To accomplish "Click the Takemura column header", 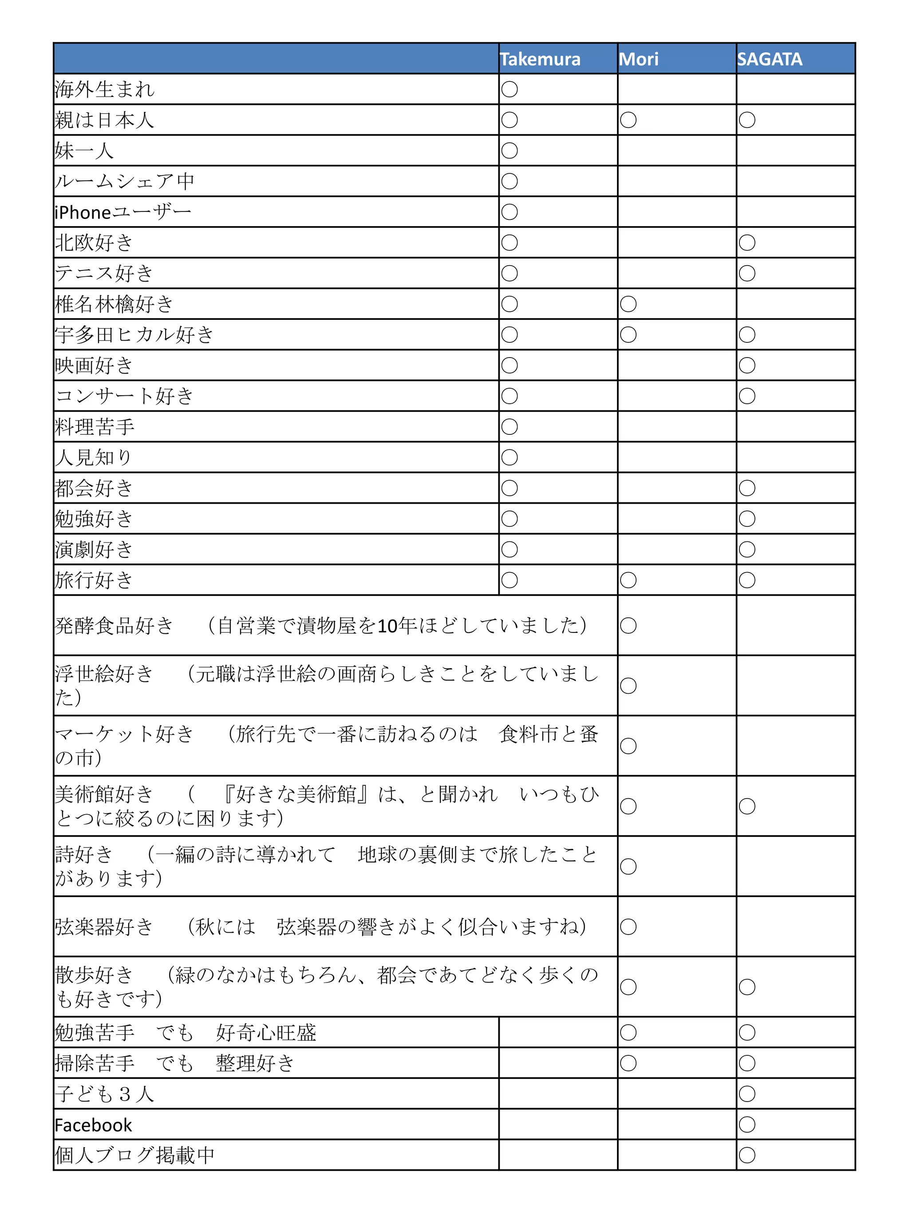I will pos(540,59).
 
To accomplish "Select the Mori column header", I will pos(638,59).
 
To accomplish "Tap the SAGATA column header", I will pos(769,59).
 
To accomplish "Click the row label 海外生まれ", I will pos(105,89).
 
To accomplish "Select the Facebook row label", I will pos(93,1125).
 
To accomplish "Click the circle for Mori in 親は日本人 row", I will pos(628,120).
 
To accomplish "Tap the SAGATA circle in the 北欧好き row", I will pos(747,243).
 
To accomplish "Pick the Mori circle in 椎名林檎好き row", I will pos(628,304).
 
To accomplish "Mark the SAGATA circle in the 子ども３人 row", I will pos(747,1094).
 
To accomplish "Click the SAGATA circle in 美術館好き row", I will pos(747,806).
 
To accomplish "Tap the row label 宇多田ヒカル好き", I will pos(134,334).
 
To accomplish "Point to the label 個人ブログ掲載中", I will pos(134,1155).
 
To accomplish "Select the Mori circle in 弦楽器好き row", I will pos(628,927).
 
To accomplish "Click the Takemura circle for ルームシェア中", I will pos(510,181).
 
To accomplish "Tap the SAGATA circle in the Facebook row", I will pos(747,1125).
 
